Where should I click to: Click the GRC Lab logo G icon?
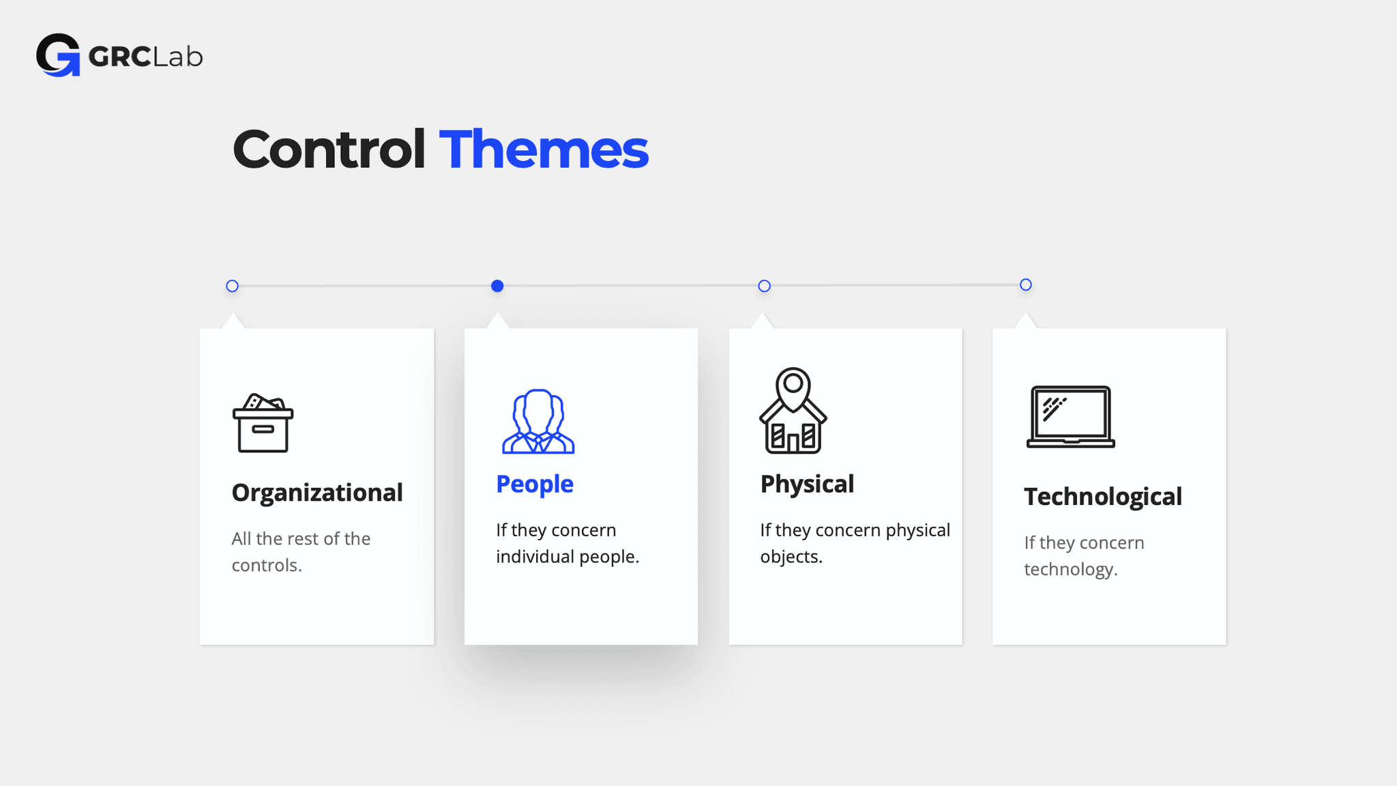coord(58,55)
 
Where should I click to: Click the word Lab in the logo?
coord(178,57)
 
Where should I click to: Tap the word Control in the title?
coord(329,149)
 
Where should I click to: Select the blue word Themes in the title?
coord(544,149)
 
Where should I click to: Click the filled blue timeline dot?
coord(497,286)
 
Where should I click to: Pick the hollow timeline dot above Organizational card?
coord(233,286)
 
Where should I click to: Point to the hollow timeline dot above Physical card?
coord(764,286)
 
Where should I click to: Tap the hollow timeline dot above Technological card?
coord(1026,285)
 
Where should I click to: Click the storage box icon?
coord(263,423)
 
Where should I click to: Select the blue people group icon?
coord(538,422)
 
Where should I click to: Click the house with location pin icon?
coord(793,411)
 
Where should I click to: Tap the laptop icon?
coord(1070,417)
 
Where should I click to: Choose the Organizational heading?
coord(317,493)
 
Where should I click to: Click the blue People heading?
coord(535,484)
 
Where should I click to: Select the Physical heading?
coord(807,484)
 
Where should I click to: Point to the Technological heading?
coord(1103,497)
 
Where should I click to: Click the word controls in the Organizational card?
coord(265,566)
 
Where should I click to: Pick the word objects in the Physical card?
coord(790,557)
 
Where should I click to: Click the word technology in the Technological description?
coord(1070,570)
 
